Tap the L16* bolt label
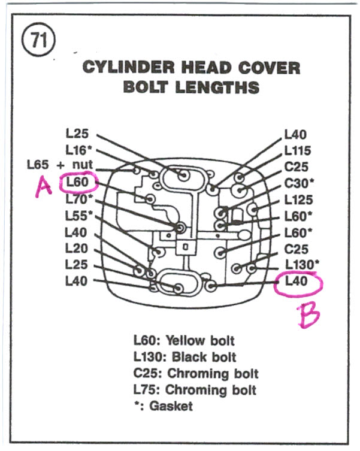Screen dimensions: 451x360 [80, 150]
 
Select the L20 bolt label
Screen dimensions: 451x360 [76, 247]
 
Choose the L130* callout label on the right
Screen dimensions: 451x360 [302, 264]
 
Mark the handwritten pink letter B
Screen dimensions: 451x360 [310, 316]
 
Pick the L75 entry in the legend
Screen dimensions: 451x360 [146, 390]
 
